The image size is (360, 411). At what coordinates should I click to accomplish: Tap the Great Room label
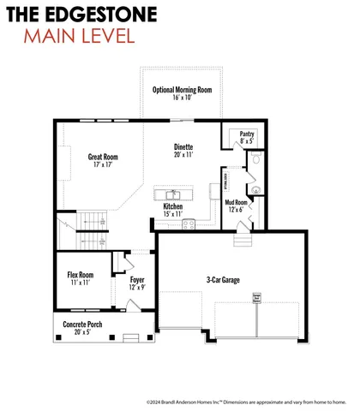click(103, 157)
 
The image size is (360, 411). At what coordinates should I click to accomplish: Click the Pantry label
click(247, 134)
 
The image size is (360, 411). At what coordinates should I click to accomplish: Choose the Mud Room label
click(235, 203)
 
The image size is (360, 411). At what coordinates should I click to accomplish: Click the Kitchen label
click(173, 206)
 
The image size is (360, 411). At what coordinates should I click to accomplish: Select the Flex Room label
click(80, 275)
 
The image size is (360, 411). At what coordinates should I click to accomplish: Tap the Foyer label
click(137, 280)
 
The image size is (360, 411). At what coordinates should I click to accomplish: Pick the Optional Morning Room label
click(182, 90)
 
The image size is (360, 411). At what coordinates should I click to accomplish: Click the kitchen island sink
click(173, 194)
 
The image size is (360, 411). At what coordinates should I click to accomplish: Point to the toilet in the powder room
click(257, 160)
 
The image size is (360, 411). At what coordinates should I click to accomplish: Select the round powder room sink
click(255, 189)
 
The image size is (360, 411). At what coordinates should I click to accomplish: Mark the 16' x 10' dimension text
click(182, 98)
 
